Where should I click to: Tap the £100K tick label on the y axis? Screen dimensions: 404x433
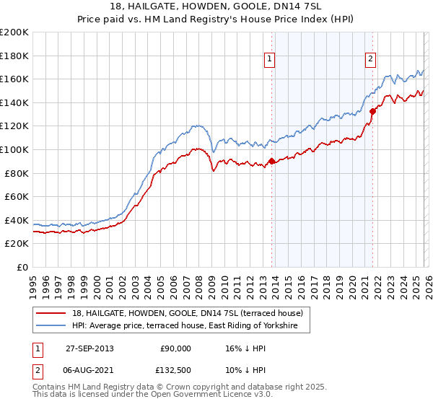coord(14,149)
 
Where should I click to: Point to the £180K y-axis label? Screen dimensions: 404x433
coord(14,56)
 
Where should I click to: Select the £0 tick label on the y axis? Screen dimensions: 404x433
coord(22,267)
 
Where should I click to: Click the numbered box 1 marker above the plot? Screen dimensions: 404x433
coord(269,59)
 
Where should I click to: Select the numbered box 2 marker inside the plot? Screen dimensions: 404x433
coord(370,59)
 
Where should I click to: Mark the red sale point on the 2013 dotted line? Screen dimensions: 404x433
coord(271,162)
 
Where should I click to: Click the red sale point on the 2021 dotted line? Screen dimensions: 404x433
coord(372,111)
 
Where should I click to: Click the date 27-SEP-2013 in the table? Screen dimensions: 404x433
coord(88,348)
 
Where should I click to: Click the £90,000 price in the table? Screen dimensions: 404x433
coord(175,348)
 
